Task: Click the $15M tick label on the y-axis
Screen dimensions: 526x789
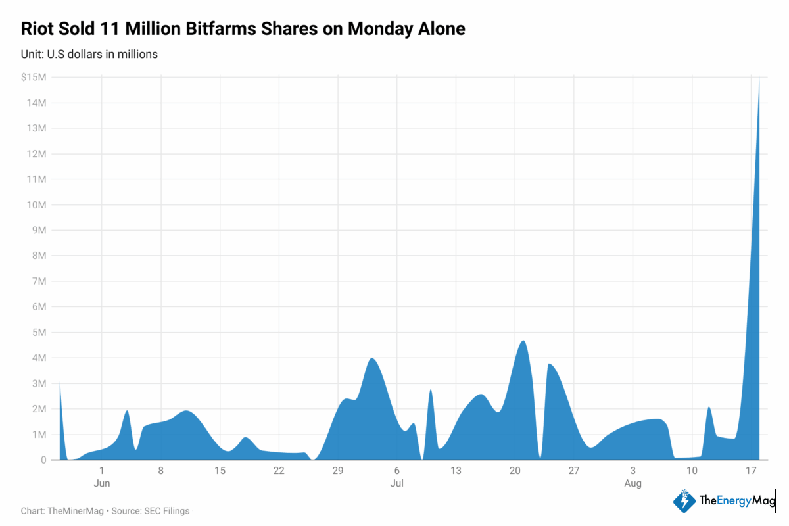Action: click(34, 77)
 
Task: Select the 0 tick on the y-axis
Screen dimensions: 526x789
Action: click(43, 460)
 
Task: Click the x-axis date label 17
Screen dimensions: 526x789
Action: click(751, 471)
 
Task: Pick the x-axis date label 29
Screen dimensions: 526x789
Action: click(338, 471)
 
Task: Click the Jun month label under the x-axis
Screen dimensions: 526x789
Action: click(102, 483)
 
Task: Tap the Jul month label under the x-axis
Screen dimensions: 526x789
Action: click(397, 483)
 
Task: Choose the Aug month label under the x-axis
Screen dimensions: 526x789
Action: click(633, 483)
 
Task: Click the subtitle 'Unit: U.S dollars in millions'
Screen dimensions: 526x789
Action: click(89, 54)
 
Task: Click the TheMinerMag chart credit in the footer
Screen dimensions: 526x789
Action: click(75, 510)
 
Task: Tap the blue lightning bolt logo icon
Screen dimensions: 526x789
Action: click(684, 501)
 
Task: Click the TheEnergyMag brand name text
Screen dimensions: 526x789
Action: click(736, 501)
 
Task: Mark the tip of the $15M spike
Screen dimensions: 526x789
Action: click(759, 78)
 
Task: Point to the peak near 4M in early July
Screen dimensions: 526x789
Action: click(372, 358)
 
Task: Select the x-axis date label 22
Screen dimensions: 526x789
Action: click(279, 471)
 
